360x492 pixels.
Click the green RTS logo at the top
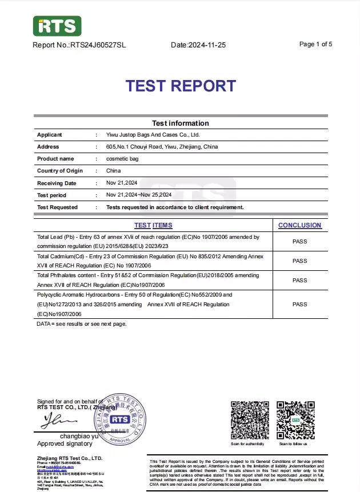click(57, 26)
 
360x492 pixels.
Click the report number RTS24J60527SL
click(98, 45)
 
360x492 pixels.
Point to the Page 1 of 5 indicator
click(315, 44)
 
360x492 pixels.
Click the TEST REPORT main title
click(180, 86)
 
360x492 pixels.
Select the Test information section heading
click(180, 123)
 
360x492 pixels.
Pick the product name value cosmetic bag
click(122, 159)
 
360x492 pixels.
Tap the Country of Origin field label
click(60, 171)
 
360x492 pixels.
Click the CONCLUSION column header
click(299, 225)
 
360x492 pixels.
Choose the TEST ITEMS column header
click(153, 225)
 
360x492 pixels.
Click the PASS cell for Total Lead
click(299, 241)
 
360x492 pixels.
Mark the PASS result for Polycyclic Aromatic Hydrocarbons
click(299, 305)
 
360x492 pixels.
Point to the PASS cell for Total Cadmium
click(299, 261)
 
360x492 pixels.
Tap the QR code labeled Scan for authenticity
click(250, 420)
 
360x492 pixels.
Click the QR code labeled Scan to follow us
click(295, 420)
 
